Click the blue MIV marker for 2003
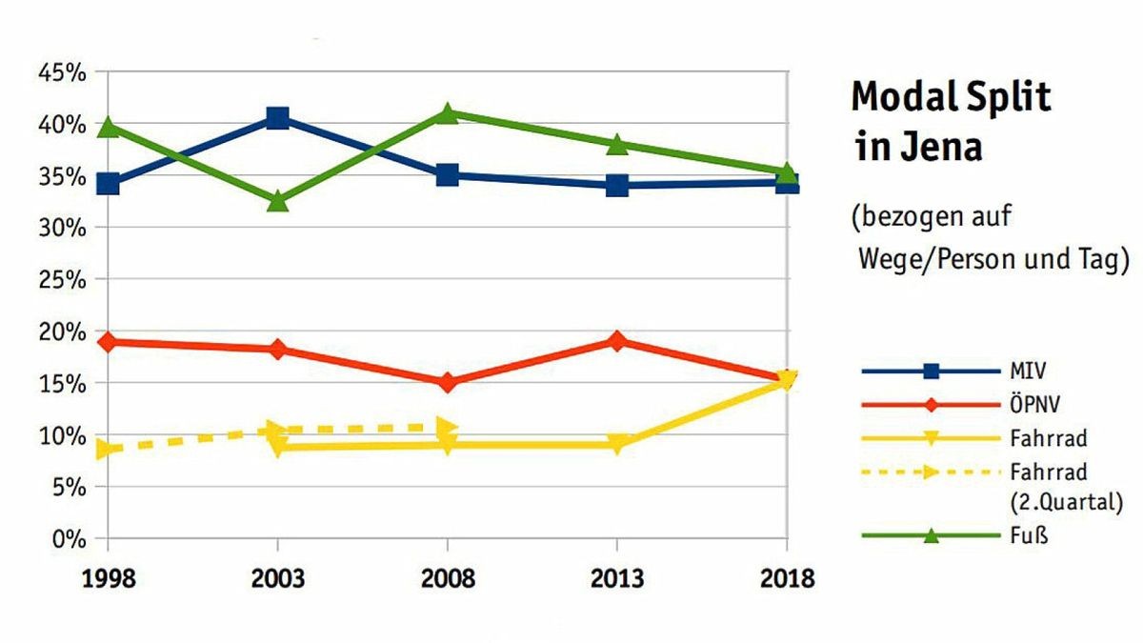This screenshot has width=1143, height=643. tap(277, 118)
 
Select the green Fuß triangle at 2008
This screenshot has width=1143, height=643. tap(447, 113)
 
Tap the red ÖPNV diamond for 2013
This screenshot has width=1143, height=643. tap(617, 341)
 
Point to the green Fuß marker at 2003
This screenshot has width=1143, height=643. tap(277, 201)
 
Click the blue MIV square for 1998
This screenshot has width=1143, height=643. tap(108, 183)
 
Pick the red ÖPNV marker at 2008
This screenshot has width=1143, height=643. tap(447, 382)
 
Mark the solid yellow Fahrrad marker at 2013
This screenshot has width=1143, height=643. tap(617, 445)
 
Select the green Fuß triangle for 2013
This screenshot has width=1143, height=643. tap(617, 144)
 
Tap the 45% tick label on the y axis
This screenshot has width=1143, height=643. tap(63, 72)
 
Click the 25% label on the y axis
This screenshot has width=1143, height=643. tap(63, 280)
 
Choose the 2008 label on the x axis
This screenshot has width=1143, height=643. tap(447, 578)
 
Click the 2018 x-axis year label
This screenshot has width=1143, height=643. tap(786, 578)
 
